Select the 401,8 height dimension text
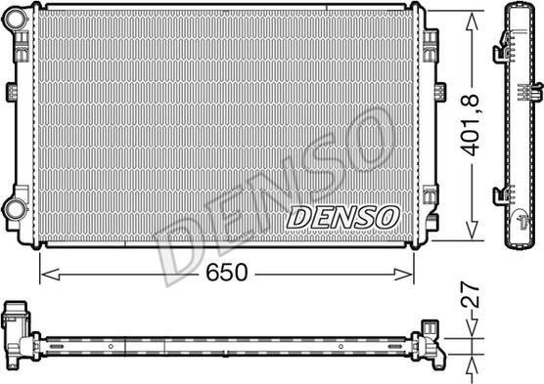[473, 125]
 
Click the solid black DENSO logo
[341, 214]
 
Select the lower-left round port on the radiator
[15, 208]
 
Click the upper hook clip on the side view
[503, 44]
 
